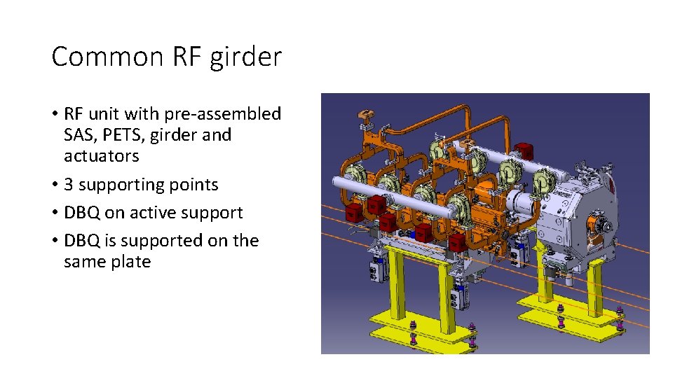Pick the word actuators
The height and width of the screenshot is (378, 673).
point(101,155)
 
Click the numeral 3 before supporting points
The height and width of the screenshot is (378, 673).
point(69,185)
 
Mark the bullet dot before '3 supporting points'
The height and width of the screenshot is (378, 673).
point(55,185)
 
